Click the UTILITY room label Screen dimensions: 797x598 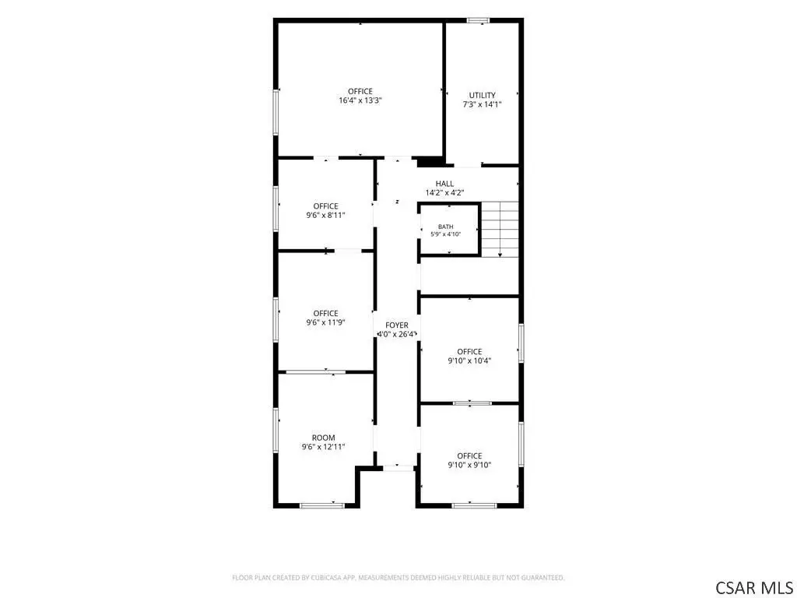coord(482,95)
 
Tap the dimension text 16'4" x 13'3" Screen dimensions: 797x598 coord(360,100)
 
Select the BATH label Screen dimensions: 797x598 coord(446,227)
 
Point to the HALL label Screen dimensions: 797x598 coord(444,184)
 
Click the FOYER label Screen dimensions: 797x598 coord(396,325)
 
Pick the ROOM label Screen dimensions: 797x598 coord(323,438)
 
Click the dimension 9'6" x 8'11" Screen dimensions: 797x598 coord(325,215)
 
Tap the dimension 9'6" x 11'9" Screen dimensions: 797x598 coord(325,322)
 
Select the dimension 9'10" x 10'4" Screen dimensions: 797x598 coord(469,361)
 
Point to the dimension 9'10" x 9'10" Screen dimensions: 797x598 coord(469,465)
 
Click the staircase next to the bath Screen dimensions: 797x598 coord(500,229)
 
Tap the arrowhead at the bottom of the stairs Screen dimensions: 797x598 coord(500,255)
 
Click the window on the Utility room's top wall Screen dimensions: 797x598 coord(479,20)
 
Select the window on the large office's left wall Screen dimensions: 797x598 coord(276,112)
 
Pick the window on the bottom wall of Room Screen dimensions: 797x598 coord(322,505)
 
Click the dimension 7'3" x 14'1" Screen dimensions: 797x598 coord(482,104)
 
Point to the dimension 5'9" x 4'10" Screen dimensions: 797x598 coord(446,234)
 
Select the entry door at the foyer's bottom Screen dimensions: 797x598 coord(398,467)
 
